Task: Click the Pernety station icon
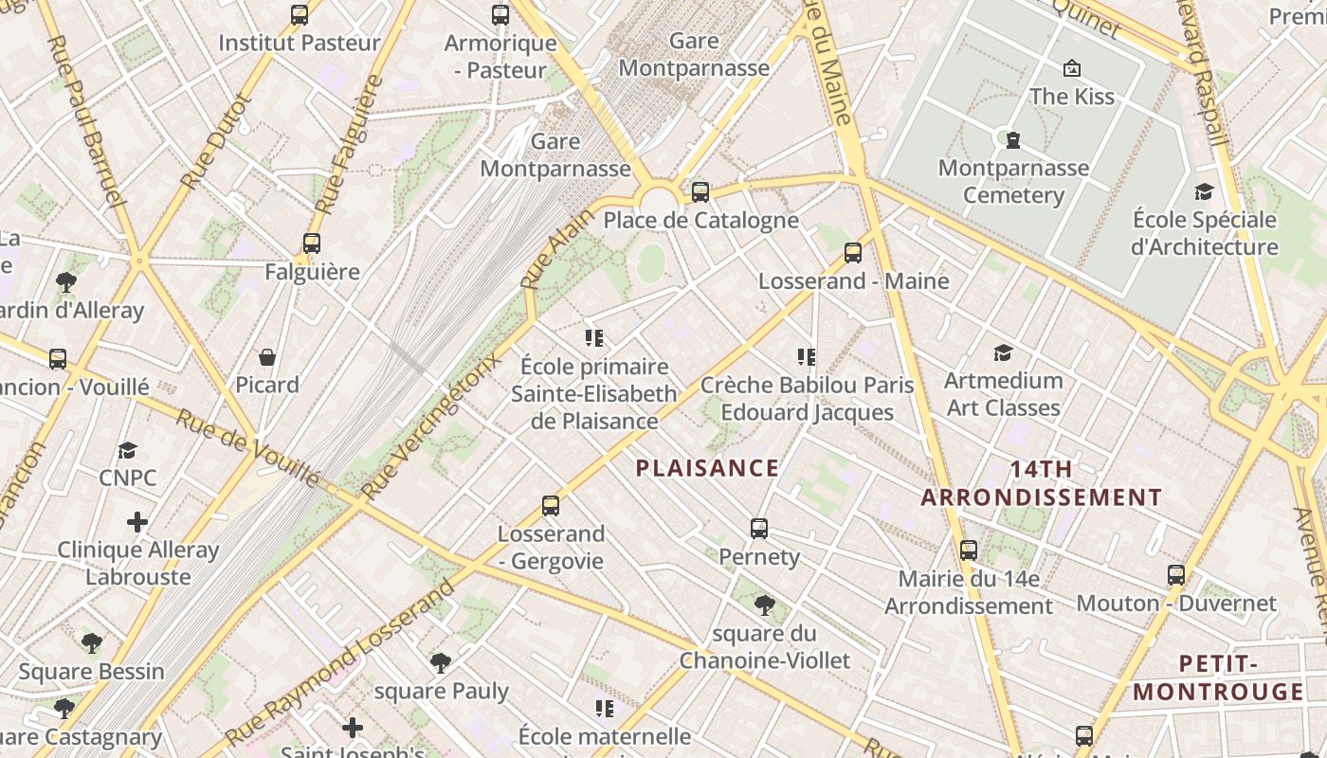pos(758,529)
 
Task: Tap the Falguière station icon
pos(312,244)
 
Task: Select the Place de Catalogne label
pos(700,221)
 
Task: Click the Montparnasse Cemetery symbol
pos(1013,140)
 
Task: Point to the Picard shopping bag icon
pos(267,357)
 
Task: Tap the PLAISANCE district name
pos(707,468)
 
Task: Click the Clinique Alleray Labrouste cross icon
pos(137,522)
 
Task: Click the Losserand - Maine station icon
pos(853,253)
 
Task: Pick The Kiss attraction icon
pos(1072,68)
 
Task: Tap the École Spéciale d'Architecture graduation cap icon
pos(1204,191)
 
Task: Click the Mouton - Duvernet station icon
pos(1176,575)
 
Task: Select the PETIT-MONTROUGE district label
pos(1218,677)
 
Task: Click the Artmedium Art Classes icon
pos(1003,353)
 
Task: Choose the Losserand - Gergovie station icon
pos(551,506)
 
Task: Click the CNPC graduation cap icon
pos(128,450)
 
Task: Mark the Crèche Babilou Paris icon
pos(807,357)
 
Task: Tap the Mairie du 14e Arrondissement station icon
pos(969,550)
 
